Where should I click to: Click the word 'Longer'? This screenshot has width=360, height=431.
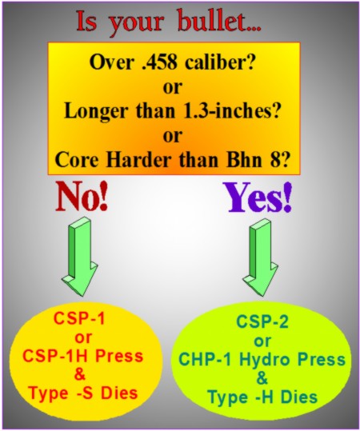pyautogui.click(x=96, y=113)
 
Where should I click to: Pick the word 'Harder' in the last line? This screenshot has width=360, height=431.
pyautogui.click(x=141, y=159)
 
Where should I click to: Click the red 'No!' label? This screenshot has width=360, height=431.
pyautogui.click(x=82, y=196)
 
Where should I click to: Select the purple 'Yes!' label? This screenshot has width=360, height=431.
pyautogui.click(x=258, y=198)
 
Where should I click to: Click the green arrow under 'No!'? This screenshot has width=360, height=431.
pyautogui.click(x=79, y=257)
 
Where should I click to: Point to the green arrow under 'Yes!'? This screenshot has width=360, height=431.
pyautogui.click(x=260, y=257)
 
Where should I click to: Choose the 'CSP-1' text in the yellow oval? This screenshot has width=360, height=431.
pyautogui.click(x=79, y=319)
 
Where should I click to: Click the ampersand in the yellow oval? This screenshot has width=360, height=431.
pyautogui.click(x=80, y=374)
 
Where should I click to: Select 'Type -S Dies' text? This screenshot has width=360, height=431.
pyautogui.click(x=83, y=393)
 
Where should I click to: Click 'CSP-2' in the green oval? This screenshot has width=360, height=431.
pyautogui.click(x=262, y=322)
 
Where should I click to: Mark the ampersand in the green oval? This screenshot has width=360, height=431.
pyautogui.click(x=262, y=378)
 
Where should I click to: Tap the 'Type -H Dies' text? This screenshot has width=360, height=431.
pyautogui.click(x=262, y=397)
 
